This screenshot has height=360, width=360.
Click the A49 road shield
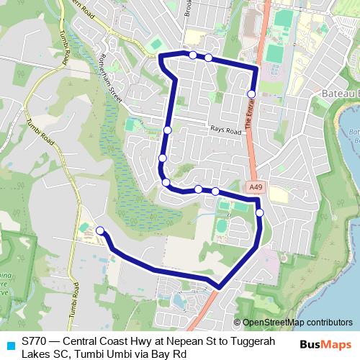pyautogui.click(x=254, y=187)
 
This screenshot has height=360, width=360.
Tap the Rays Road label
pyautogui.click(x=225, y=130)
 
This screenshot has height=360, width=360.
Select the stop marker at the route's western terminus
pyautogui.click(x=100, y=230)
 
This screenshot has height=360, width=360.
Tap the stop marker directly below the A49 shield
pyautogui.click(x=259, y=212)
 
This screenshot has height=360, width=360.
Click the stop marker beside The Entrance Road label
pyautogui.click(x=251, y=94)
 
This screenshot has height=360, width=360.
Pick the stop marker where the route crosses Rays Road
pyautogui.click(x=167, y=130)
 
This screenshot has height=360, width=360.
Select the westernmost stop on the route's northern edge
pyautogui.click(x=193, y=55)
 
